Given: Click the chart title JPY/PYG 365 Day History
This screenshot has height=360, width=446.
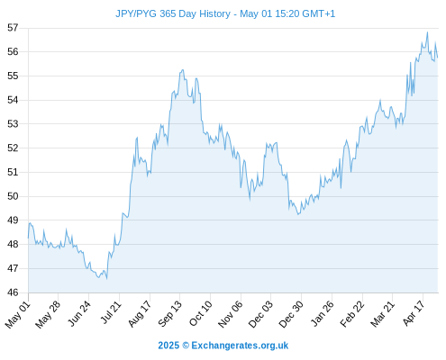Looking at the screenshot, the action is (x=173, y=13).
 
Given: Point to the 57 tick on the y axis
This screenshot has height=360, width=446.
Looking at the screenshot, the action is (x=13, y=28).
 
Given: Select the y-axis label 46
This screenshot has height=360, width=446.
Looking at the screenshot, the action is (x=13, y=292).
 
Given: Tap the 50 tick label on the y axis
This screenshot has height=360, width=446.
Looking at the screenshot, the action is (x=13, y=196).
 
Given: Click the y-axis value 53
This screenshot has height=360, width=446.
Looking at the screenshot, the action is (x=13, y=124).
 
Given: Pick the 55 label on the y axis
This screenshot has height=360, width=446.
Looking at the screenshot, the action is (x=13, y=76).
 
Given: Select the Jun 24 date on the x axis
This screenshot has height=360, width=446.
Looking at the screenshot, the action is (x=79, y=313).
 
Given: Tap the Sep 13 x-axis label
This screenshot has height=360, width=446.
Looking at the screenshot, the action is (x=170, y=313).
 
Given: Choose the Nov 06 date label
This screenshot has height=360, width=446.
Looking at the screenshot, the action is (x=230, y=314).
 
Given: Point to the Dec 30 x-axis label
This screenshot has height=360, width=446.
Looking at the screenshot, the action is (x=291, y=314).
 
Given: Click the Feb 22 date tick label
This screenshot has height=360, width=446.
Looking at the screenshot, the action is (x=351, y=314).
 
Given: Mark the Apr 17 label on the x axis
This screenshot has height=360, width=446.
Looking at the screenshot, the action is (x=414, y=313).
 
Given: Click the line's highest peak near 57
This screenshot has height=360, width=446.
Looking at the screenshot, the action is (x=427, y=32).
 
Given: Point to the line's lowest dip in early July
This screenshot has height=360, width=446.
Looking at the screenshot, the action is (x=106, y=279).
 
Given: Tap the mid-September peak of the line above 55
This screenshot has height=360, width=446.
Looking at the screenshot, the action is (x=182, y=70).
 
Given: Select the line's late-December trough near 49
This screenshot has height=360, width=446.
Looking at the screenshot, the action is (x=298, y=214).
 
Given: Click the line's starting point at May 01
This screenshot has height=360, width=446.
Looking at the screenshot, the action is (x=28, y=238).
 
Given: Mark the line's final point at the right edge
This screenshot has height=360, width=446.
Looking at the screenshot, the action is (x=438, y=57).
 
